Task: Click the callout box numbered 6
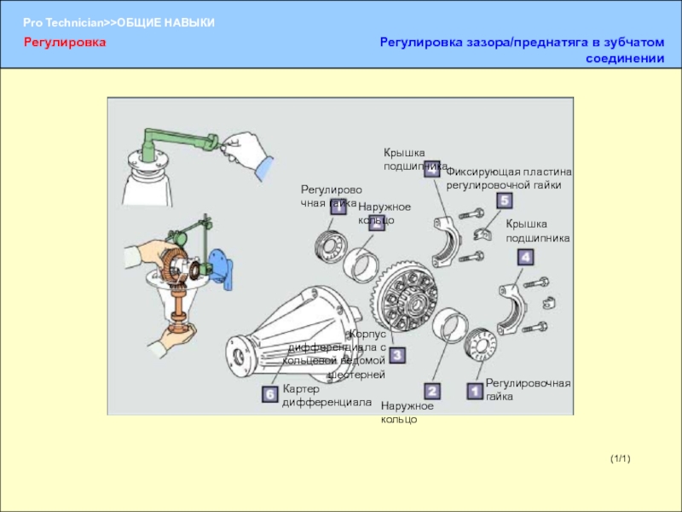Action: click(x=269, y=394)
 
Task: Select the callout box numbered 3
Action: click(x=397, y=354)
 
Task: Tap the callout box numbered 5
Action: click(x=504, y=201)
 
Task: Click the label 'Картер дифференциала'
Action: click(x=327, y=395)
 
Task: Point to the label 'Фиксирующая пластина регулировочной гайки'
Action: click(x=509, y=177)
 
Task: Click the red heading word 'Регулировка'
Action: click(x=65, y=41)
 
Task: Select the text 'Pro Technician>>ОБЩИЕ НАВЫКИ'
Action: click(x=118, y=21)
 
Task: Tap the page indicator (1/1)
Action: click(x=620, y=460)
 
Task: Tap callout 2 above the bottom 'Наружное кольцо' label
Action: click(x=432, y=392)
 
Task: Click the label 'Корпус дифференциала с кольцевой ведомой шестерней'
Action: click(x=341, y=354)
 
